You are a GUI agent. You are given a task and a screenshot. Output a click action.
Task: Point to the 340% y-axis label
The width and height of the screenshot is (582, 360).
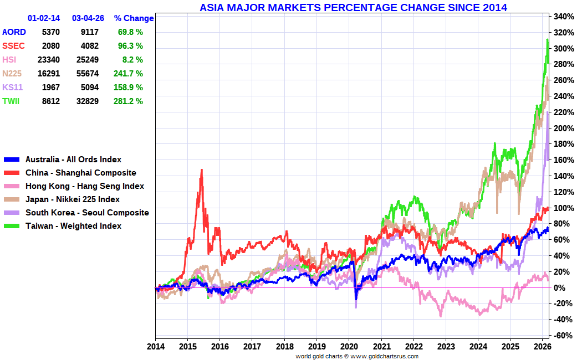click(x=563, y=17)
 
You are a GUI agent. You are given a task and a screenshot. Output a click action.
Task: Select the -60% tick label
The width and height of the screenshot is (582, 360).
click(x=562, y=336)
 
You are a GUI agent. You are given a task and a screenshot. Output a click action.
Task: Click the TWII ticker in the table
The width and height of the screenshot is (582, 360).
click(x=11, y=101)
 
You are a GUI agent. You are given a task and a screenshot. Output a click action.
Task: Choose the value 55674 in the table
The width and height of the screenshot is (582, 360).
click(x=88, y=73)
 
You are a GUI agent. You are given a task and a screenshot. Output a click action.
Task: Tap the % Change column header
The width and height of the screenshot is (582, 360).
click(x=134, y=18)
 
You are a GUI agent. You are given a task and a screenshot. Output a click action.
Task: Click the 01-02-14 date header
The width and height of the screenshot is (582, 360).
click(x=43, y=18)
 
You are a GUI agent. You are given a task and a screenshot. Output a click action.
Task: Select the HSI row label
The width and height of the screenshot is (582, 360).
click(x=9, y=59)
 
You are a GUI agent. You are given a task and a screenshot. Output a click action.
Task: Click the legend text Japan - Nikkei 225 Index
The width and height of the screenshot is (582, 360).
click(x=73, y=199)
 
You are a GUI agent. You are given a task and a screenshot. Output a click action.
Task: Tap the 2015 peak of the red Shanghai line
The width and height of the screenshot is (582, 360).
click(x=201, y=170)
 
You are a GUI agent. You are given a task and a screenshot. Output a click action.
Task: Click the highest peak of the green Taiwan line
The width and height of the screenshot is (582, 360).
click(x=548, y=40)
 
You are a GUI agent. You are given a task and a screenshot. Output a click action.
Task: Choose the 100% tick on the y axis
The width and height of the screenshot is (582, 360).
click(x=563, y=208)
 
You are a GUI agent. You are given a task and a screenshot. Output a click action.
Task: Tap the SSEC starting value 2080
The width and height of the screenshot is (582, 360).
click(x=50, y=45)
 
